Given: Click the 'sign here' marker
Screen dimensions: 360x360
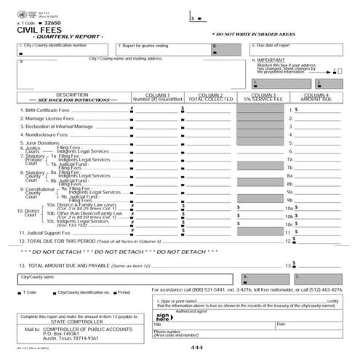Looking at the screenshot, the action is [x=163, y=318].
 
